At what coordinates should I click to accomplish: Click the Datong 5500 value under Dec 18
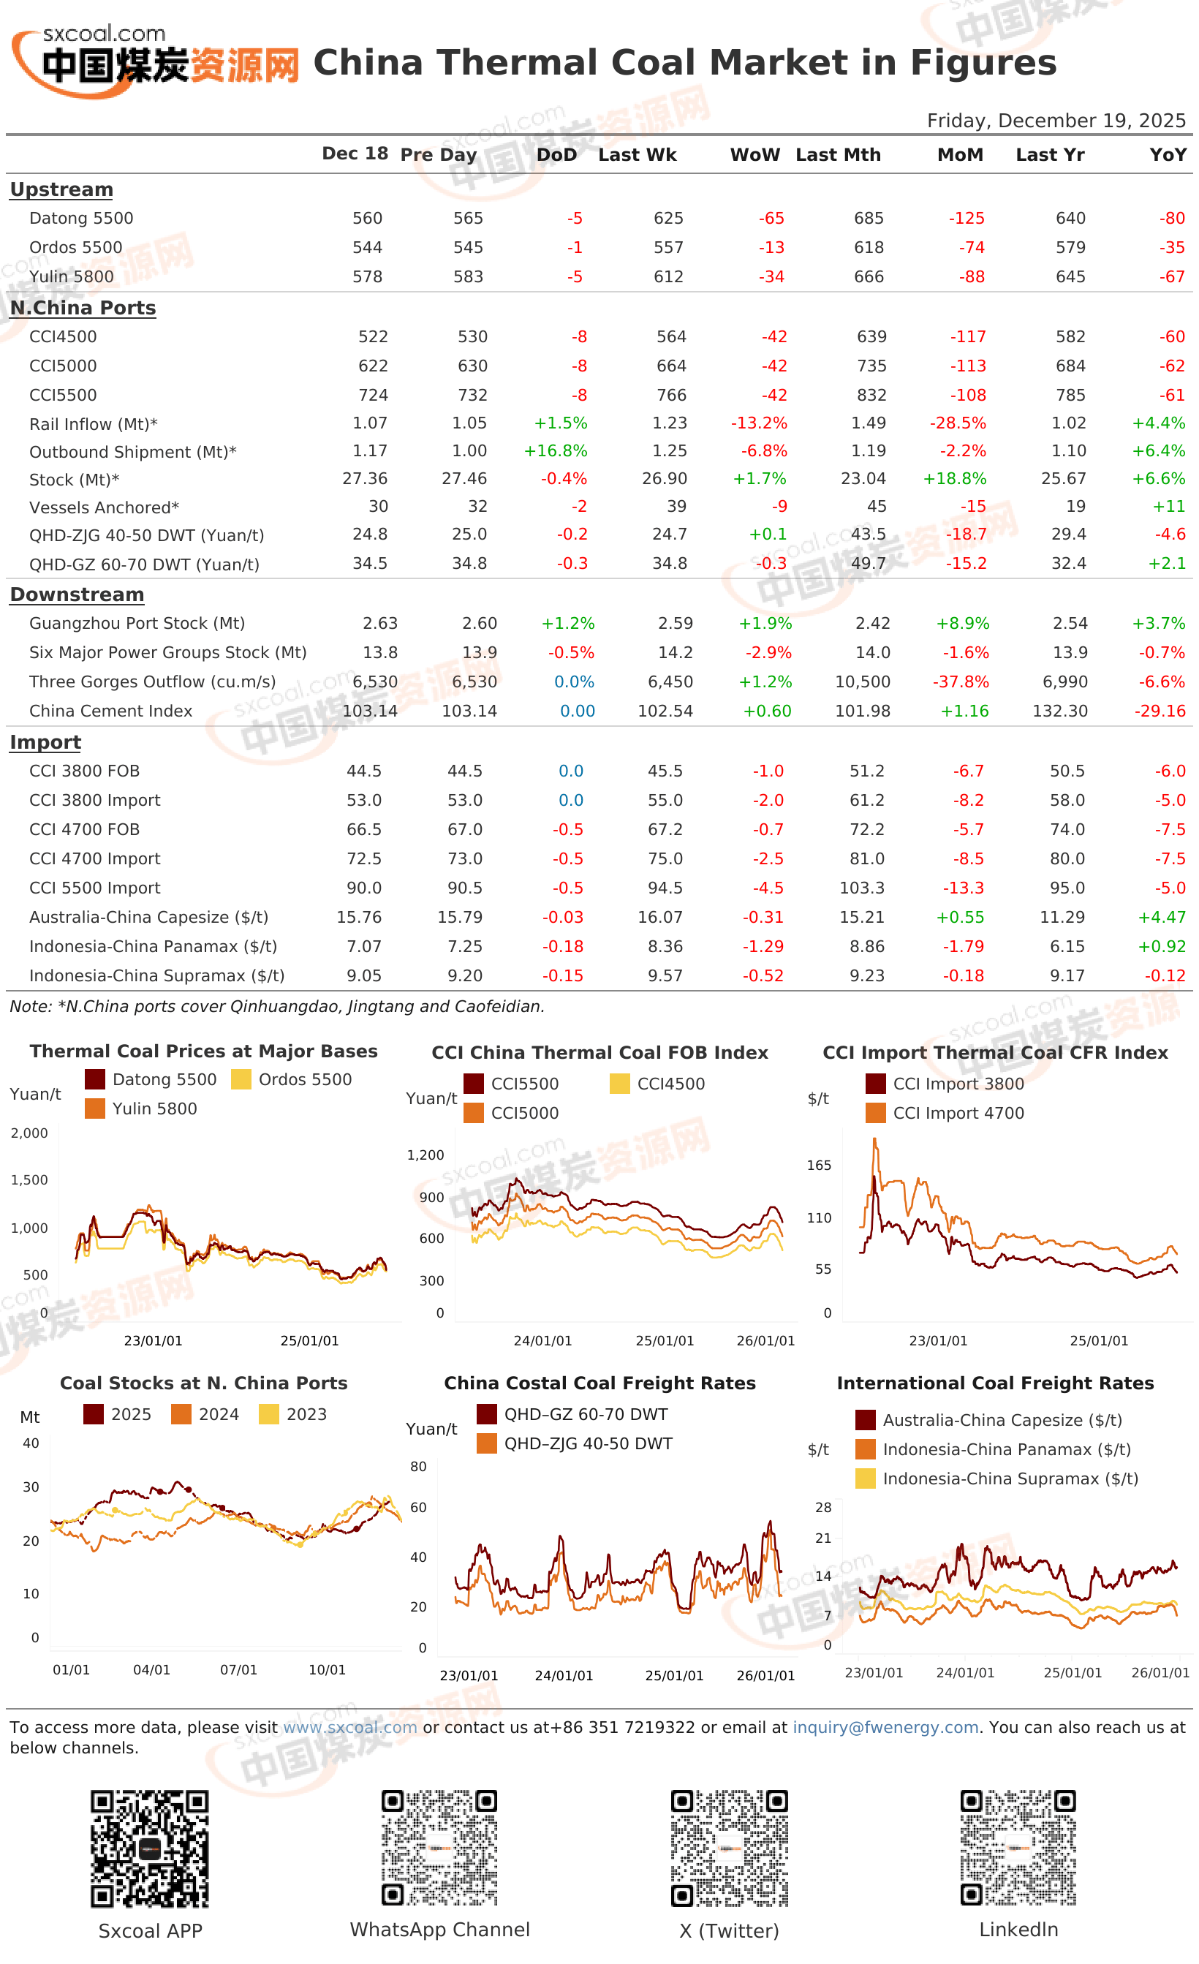[x=367, y=218]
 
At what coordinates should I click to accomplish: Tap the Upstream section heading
[x=61, y=189]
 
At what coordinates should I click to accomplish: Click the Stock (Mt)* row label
[x=74, y=480]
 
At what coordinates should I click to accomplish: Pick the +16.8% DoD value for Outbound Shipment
[x=555, y=451]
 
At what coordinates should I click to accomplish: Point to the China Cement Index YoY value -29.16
[x=1160, y=710]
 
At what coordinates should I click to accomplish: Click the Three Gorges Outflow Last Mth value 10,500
[x=862, y=681]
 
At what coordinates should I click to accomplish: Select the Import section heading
[x=45, y=742]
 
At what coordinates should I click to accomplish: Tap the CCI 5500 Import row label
[x=95, y=887]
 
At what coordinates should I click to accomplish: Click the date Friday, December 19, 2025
[x=1056, y=121]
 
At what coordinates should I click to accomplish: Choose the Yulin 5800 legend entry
[x=142, y=1108]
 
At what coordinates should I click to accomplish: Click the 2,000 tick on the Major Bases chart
[x=29, y=1133]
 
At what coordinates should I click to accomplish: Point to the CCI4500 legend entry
[x=657, y=1083]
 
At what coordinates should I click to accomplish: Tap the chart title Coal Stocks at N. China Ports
[x=203, y=1383]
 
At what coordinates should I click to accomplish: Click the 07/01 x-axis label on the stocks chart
[x=238, y=1669]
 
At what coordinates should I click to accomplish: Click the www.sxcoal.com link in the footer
[x=350, y=1727]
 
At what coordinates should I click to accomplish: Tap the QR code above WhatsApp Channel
[x=439, y=1848]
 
